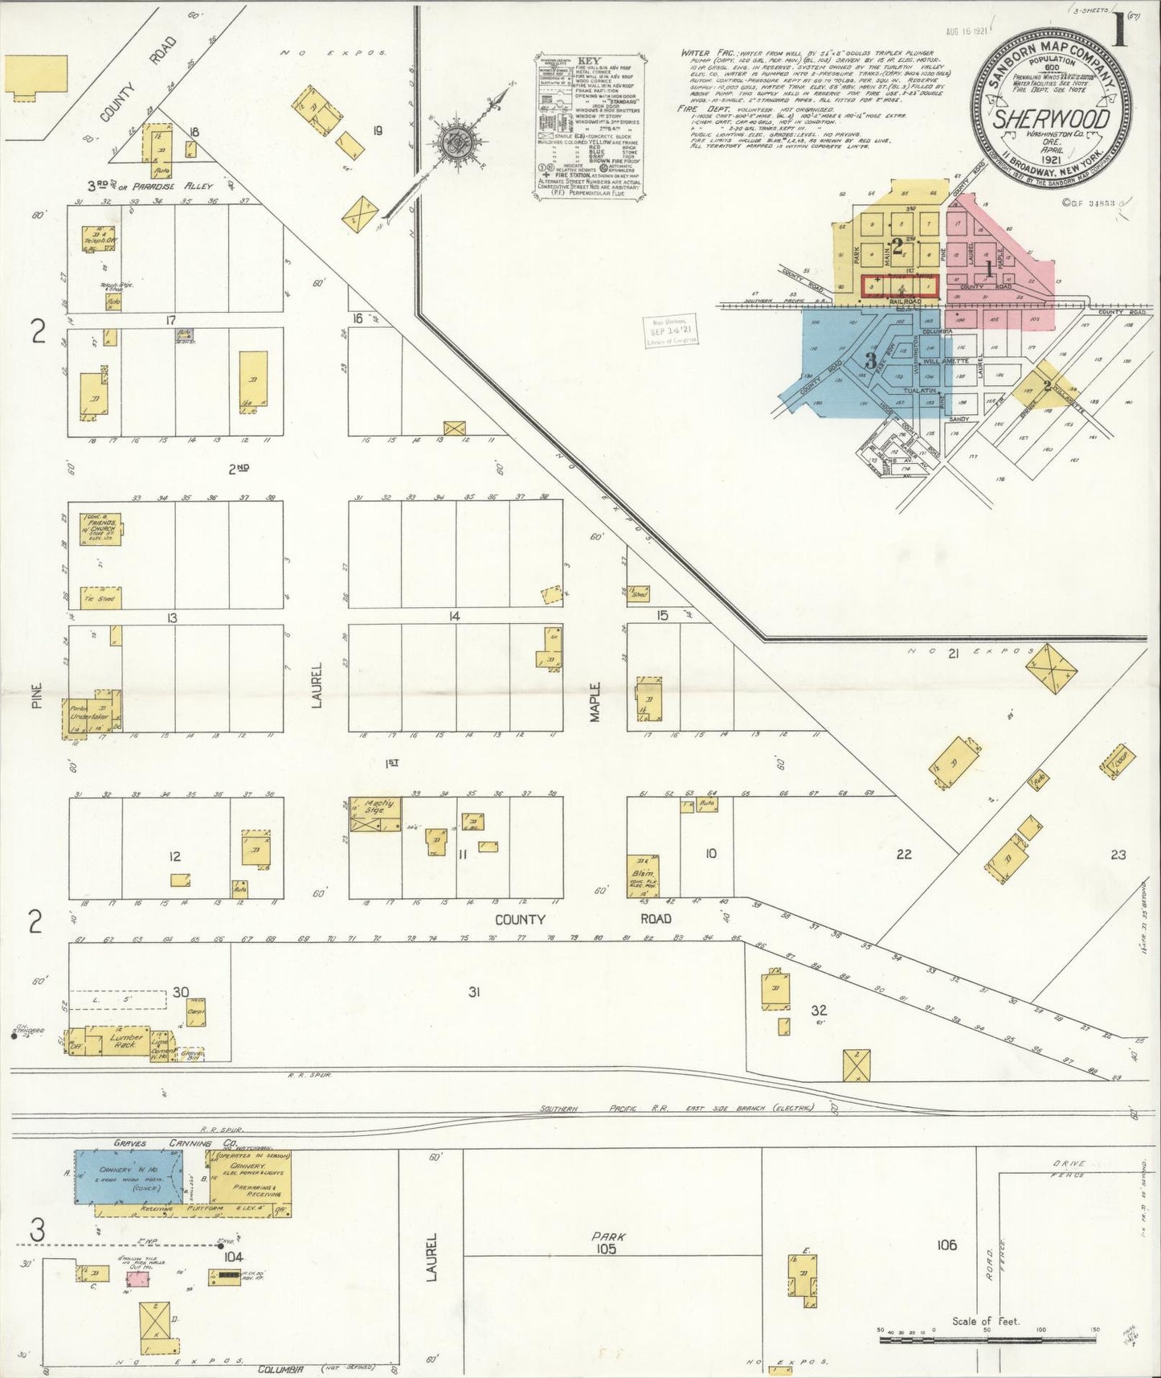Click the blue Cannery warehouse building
129,1175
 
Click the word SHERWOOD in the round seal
1052,119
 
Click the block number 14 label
455,617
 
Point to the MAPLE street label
595,702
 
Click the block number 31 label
474,992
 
